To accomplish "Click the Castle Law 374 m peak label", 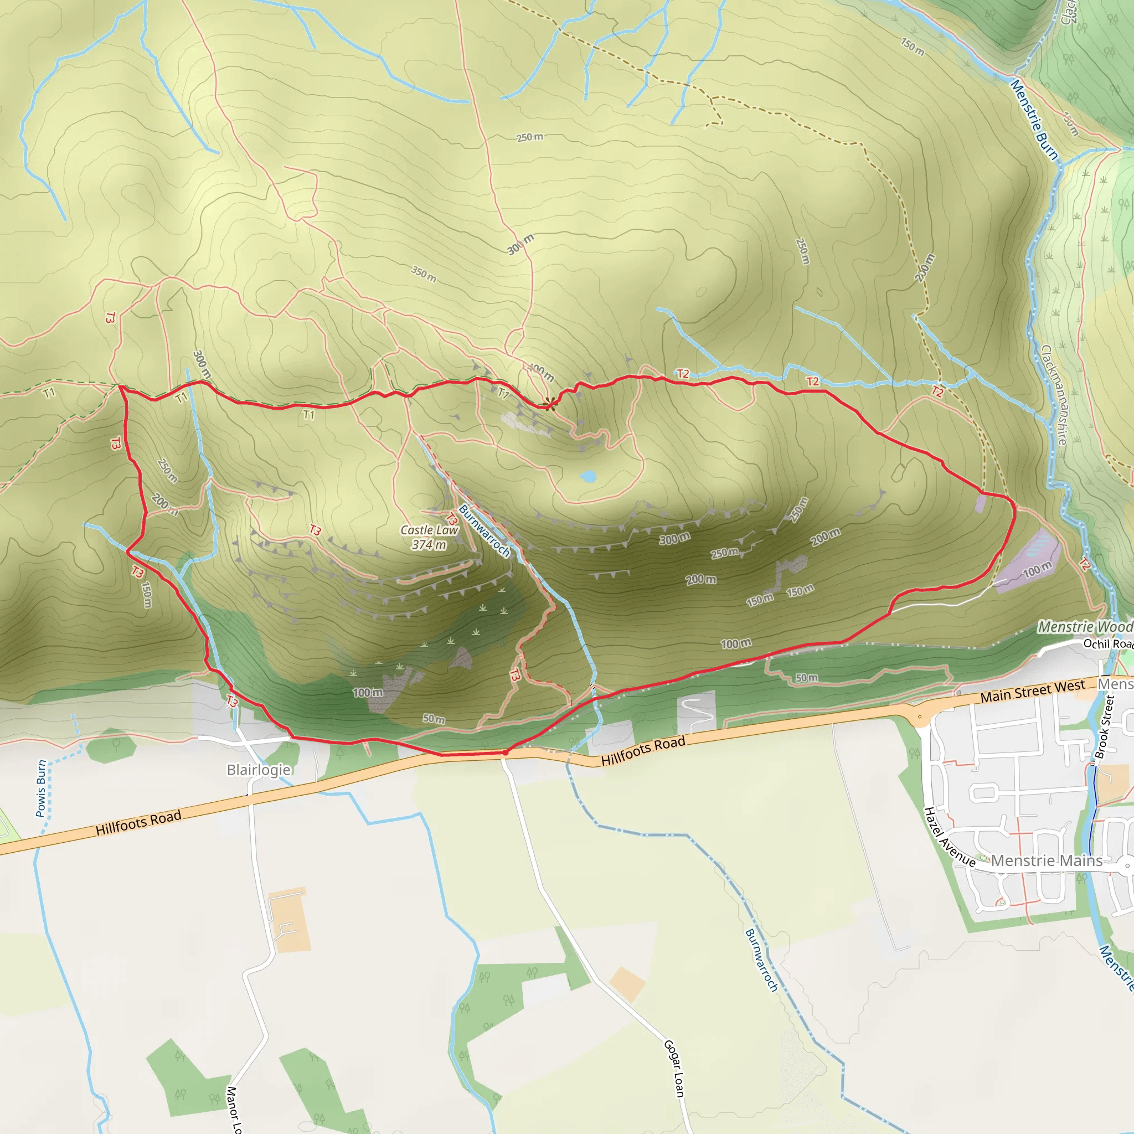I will [429, 537].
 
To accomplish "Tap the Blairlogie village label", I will [259, 770].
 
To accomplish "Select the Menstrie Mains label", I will [1047, 861].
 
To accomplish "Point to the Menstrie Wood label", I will [1085, 627].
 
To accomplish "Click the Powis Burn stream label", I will [41, 788].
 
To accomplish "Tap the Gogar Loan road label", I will [674, 1068].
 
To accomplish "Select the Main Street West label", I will [1033, 691].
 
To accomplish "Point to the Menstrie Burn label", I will [1035, 120].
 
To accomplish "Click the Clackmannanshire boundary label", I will [1054, 394].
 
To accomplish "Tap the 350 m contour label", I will [423, 274].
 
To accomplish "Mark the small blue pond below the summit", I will [587, 476].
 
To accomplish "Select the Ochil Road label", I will [1107, 644].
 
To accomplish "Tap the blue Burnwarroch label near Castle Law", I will [484, 530].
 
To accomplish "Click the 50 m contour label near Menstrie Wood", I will [806, 678].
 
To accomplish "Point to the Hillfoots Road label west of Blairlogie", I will [138, 822].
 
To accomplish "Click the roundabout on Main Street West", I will [920, 717].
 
